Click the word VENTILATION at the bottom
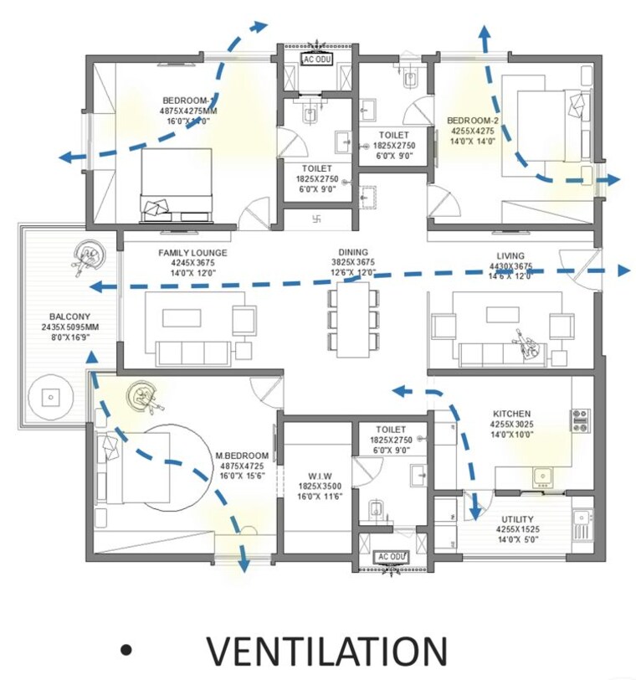(x=327, y=652)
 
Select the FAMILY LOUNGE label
(x=192, y=253)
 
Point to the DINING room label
(x=353, y=252)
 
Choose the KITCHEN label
(x=511, y=414)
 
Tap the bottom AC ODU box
(x=391, y=557)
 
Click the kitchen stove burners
(x=581, y=420)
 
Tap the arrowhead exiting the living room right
(x=623, y=270)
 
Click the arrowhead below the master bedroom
(x=244, y=567)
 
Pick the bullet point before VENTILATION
(x=126, y=651)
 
